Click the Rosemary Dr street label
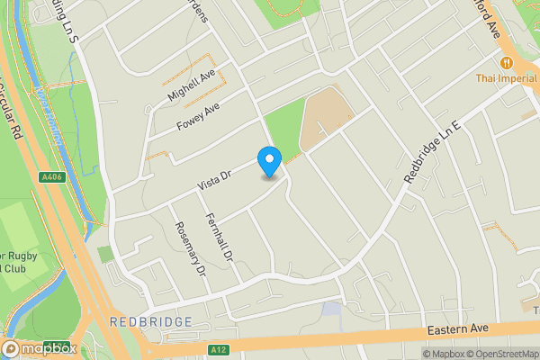click(x=190, y=248)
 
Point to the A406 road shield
click(x=52, y=178)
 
